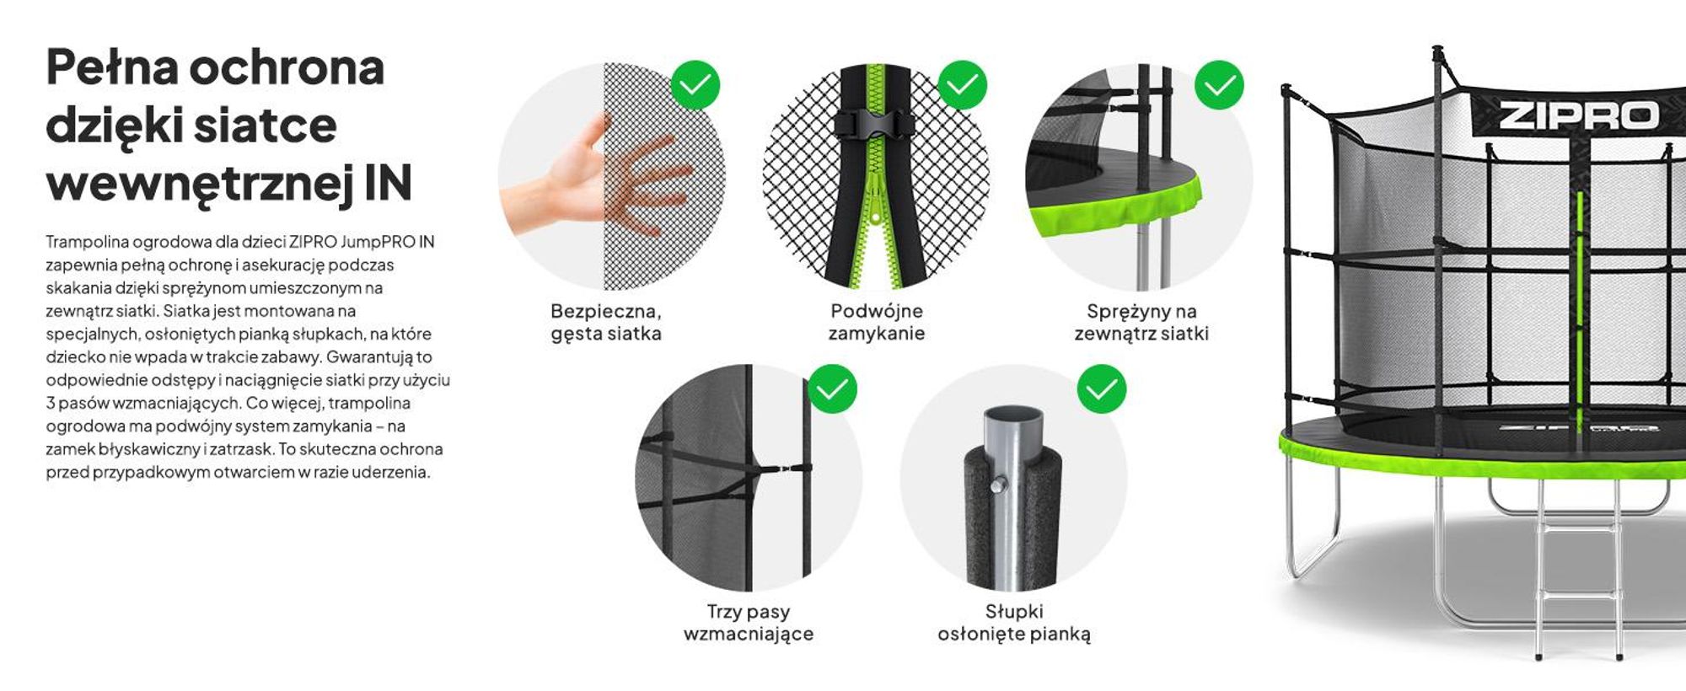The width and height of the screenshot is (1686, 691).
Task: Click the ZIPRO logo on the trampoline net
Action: pos(1579,116)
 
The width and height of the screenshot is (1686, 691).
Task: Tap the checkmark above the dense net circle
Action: pos(695,85)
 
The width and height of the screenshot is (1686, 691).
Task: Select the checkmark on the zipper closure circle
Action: pos(962,84)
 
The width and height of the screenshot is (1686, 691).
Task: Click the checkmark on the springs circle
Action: pos(1219,84)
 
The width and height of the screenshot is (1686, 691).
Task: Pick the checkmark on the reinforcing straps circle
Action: pos(832,388)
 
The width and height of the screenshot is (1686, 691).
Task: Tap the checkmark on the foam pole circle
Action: pos(1101,388)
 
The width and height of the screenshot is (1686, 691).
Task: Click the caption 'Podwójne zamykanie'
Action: pos(877,322)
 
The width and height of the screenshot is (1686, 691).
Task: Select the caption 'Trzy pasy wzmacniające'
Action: pos(749,623)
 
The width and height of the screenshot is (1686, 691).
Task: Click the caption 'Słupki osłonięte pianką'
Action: pos(1014,623)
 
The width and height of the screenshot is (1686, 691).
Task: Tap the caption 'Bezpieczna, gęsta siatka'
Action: pos(606,322)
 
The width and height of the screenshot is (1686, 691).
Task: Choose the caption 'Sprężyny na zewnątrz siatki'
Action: pos(1141,322)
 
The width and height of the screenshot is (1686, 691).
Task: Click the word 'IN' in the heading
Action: pos(388,184)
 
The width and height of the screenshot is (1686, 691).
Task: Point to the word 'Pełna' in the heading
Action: pos(112,67)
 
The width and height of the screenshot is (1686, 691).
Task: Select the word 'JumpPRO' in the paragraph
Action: pos(379,242)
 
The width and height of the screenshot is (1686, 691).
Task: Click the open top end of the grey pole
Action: pos(1013,416)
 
